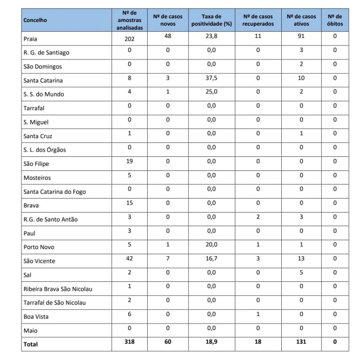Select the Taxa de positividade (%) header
pyautogui.click(x=212, y=20)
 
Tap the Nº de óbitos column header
pyautogui.click(x=335, y=20)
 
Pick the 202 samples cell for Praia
pyautogui.click(x=129, y=39)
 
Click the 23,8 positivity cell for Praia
pyautogui.click(x=212, y=38)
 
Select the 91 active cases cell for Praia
pyautogui.click(x=301, y=38)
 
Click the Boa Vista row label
pyautogui.click(x=36, y=317)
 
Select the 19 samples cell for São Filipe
pyautogui.click(x=129, y=162)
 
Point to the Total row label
pyautogui.click(x=31, y=344)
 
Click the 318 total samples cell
pyautogui.click(x=129, y=342)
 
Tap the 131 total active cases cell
pyautogui.click(x=301, y=342)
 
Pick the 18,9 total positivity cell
pyautogui.click(x=212, y=342)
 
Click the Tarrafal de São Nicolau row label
pyautogui.click(x=54, y=302)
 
